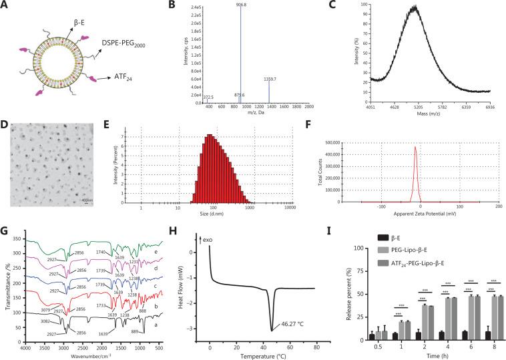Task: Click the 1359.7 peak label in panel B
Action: pyautogui.click(x=269, y=79)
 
